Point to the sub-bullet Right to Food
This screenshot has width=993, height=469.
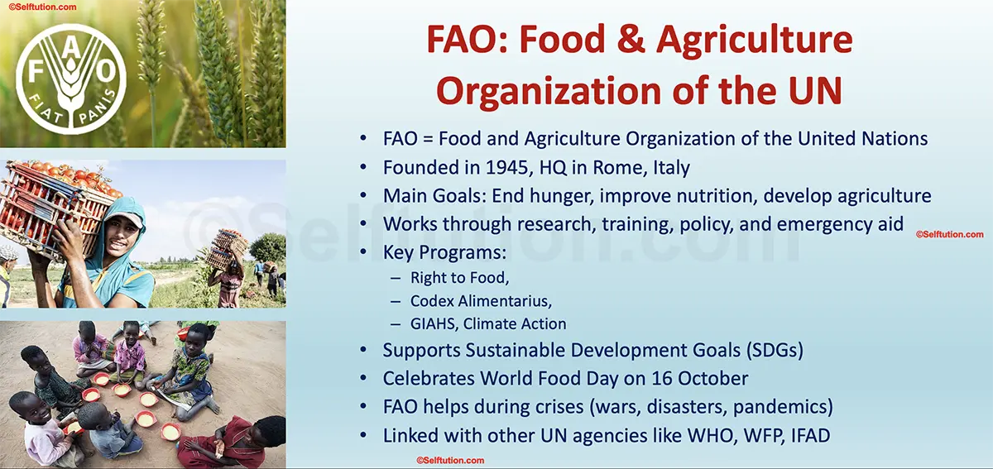click(x=459, y=277)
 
